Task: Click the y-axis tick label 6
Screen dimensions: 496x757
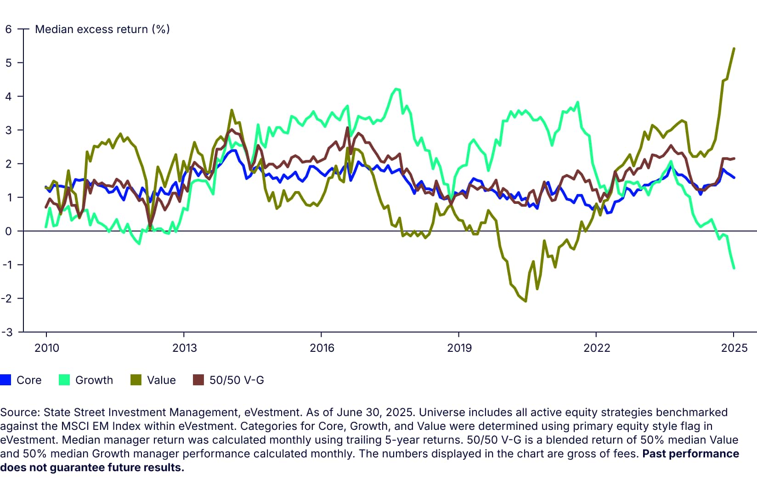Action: click(x=8, y=29)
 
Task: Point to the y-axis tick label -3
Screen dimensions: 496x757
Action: click(x=6, y=332)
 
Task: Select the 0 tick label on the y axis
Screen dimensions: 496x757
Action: click(x=8, y=231)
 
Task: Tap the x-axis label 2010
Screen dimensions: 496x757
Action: click(x=47, y=348)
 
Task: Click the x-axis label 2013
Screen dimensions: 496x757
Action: click(x=184, y=348)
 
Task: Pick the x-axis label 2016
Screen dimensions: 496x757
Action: click(x=322, y=348)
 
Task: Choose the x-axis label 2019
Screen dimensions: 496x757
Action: click(x=459, y=348)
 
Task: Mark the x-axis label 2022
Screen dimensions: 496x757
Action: click(x=597, y=348)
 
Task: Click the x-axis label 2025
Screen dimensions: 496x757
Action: click(x=734, y=348)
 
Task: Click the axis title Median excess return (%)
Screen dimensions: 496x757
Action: click(x=102, y=29)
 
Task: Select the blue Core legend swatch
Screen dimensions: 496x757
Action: click(x=6, y=380)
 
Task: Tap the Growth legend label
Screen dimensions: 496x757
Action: click(x=94, y=380)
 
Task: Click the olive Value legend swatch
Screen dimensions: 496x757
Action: click(x=136, y=380)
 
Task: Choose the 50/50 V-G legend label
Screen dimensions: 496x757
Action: click(x=237, y=380)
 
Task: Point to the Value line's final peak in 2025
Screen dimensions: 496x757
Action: click(x=734, y=48)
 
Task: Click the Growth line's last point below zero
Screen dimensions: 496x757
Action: click(x=734, y=268)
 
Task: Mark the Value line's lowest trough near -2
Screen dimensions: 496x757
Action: click(x=525, y=301)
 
